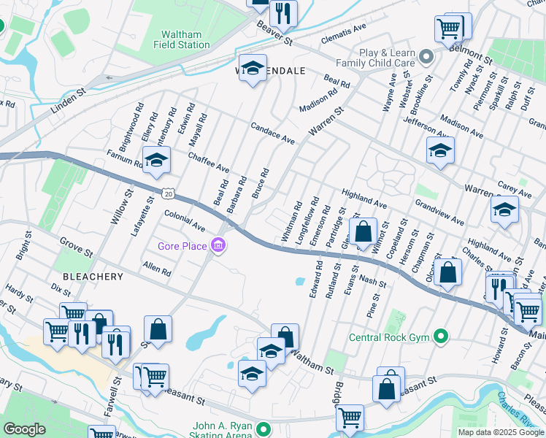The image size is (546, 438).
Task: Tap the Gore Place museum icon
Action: click(218, 247)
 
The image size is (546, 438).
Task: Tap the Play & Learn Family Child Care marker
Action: click(428, 54)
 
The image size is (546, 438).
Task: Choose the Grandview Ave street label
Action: click(439, 212)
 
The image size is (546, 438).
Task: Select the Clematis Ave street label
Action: click(349, 29)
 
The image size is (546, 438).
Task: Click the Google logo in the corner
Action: click(24, 429)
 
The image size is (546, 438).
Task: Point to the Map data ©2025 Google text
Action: click(500, 432)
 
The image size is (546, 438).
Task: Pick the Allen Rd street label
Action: click(157, 268)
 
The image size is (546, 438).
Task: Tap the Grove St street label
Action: click(77, 253)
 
